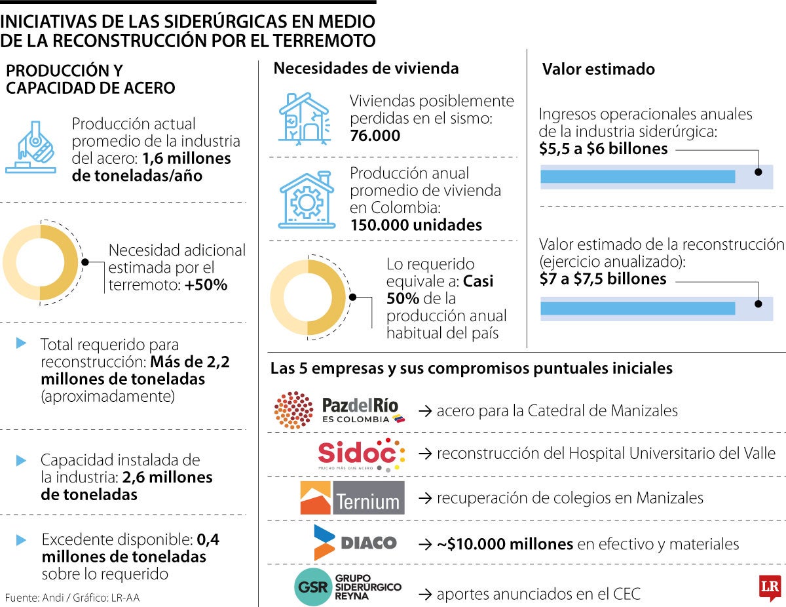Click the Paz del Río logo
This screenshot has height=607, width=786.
point(339,410)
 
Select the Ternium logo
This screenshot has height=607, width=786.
point(352,498)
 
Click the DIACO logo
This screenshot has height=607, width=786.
point(355,542)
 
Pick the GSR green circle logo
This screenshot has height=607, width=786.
point(312,587)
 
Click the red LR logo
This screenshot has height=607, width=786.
point(770,587)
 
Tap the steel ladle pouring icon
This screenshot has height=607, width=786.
point(31,147)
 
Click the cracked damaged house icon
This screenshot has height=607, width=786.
point(305,119)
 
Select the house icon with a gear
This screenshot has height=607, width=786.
point(307,200)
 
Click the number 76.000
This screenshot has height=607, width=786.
point(375,136)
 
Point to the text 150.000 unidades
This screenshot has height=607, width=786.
point(416,225)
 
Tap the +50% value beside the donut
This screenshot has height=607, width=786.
point(206,284)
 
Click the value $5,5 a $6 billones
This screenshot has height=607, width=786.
point(603,148)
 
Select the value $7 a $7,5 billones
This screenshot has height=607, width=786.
point(603,279)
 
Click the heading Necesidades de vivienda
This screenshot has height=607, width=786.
point(366,68)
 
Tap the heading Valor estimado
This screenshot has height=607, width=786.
point(598,69)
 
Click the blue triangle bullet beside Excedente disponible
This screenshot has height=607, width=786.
point(21,540)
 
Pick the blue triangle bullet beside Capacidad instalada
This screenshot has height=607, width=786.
point(21,460)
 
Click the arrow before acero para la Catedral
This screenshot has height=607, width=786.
point(425,411)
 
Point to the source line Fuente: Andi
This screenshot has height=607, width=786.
point(72,598)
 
